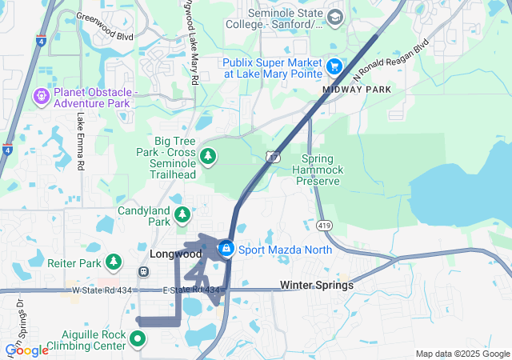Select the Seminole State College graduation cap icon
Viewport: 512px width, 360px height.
click(334, 17)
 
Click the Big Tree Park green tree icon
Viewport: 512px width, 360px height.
click(208, 155)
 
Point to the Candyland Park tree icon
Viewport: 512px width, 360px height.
click(183, 214)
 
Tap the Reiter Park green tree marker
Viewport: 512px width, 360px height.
click(114, 262)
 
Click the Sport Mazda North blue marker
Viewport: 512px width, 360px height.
click(227, 249)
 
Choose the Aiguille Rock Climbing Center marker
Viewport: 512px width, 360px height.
click(138, 338)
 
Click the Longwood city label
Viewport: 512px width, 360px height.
click(176, 254)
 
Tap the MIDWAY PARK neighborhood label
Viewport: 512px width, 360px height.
click(357, 90)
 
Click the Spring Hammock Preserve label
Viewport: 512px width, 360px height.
click(316, 170)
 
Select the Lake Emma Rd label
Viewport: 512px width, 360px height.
click(81, 141)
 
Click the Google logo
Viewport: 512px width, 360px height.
click(26, 350)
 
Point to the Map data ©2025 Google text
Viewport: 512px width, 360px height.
click(462, 354)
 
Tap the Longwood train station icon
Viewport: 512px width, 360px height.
click(143, 270)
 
